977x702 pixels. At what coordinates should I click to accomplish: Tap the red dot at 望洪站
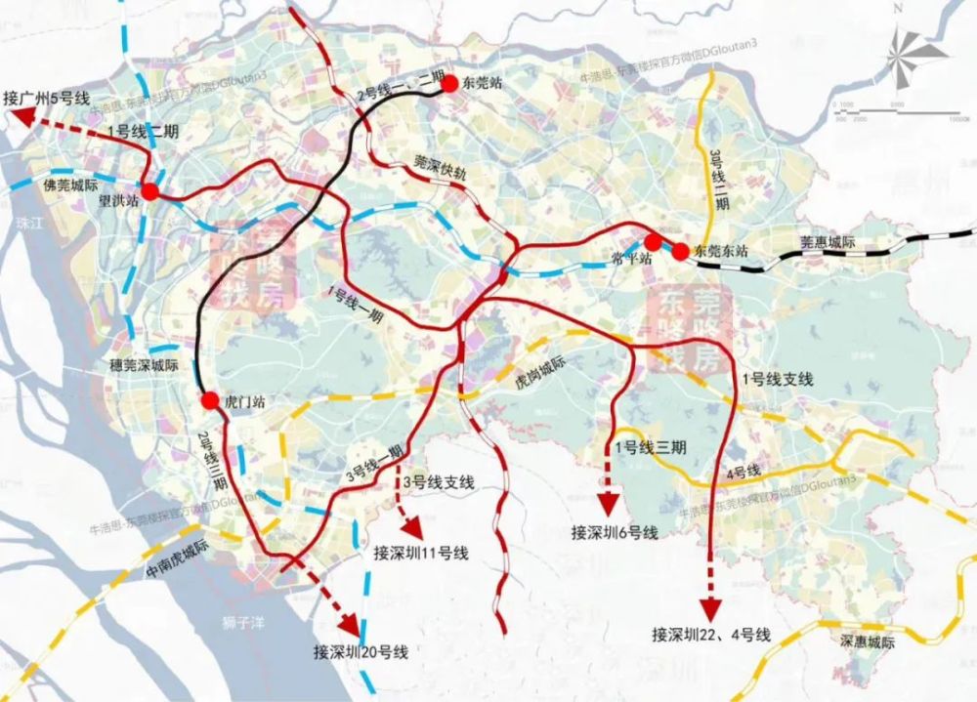click(149, 191)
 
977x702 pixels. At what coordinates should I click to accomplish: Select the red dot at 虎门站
click(209, 400)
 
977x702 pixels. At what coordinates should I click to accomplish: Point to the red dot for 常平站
click(654, 240)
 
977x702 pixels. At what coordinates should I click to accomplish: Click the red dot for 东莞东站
click(680, 251)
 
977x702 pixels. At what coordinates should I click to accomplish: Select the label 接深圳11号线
click(421, 553)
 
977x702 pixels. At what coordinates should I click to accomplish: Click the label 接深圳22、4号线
click(711, 635)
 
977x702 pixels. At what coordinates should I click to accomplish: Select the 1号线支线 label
click(778, 378)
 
